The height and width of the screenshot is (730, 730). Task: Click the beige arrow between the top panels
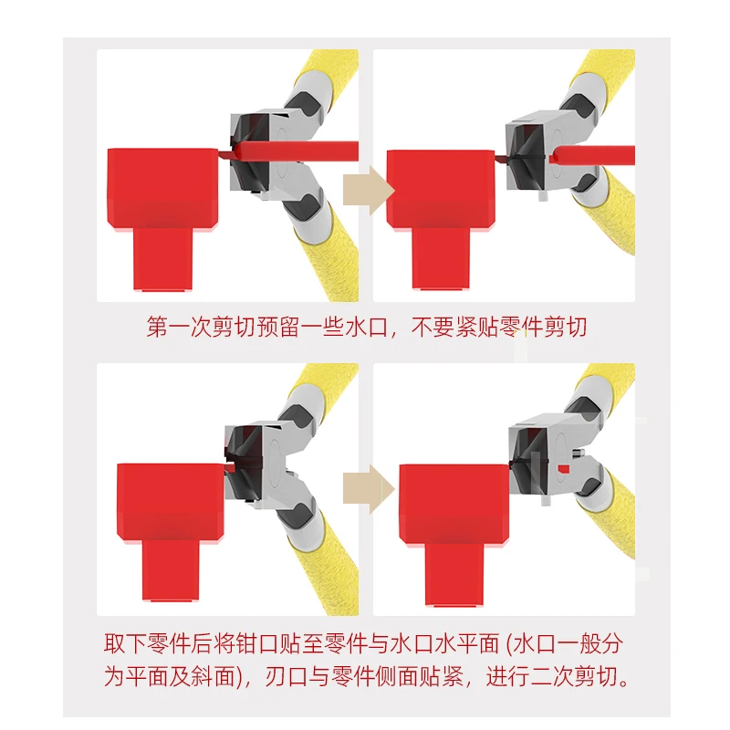point(369,191)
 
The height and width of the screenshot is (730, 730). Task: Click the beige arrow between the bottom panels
point(369,489)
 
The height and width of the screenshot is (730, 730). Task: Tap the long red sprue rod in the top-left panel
point(295,151)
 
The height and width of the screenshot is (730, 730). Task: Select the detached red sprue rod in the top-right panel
point(592,155)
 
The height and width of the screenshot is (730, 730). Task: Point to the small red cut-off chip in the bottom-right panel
point(563,468)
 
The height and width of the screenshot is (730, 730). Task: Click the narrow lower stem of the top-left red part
point(163,259)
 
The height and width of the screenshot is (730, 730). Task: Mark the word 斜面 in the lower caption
point(213,676)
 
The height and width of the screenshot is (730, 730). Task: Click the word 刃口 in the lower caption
point(287,676)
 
